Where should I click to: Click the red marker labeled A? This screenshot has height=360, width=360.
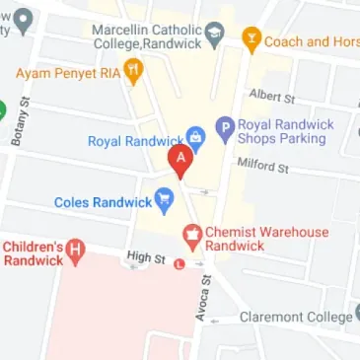(180, 160)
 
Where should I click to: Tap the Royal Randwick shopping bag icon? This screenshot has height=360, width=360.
(195, 140)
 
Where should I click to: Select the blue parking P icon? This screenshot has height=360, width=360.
(226, 126)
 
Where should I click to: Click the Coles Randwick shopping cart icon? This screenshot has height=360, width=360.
(164, 203)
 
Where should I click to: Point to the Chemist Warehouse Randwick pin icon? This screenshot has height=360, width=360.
(193, 236)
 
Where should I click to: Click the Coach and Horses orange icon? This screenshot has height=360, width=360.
(251, 39)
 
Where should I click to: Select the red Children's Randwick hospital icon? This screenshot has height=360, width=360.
(74, 252)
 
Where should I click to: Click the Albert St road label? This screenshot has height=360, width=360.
(273, 98)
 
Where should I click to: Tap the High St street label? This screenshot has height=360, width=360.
(145, 258)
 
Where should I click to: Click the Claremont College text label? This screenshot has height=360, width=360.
(295, 318)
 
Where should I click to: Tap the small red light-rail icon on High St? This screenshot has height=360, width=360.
(179, 263)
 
